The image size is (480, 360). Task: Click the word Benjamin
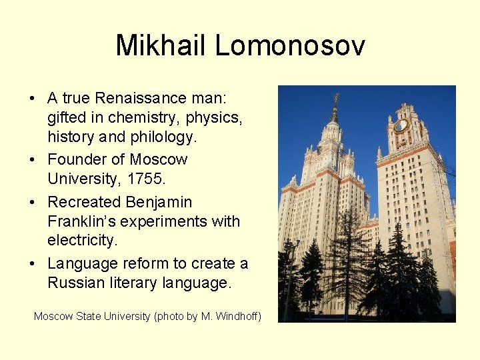coord(159,201)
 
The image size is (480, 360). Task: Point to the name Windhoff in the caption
coord(237,316)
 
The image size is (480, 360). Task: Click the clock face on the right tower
coord(401,125)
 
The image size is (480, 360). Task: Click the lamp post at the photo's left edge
coord(289,280)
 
